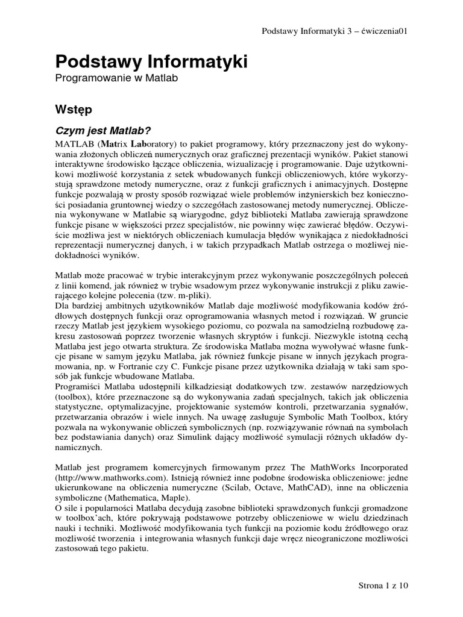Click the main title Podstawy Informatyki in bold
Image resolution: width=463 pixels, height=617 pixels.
(x=151, y=62)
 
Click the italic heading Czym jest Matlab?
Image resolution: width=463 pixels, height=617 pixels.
(x=102, y=131)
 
